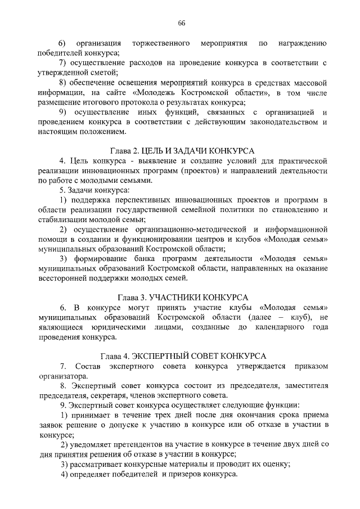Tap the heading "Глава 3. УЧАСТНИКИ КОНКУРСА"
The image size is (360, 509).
[x=179, y=297]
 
